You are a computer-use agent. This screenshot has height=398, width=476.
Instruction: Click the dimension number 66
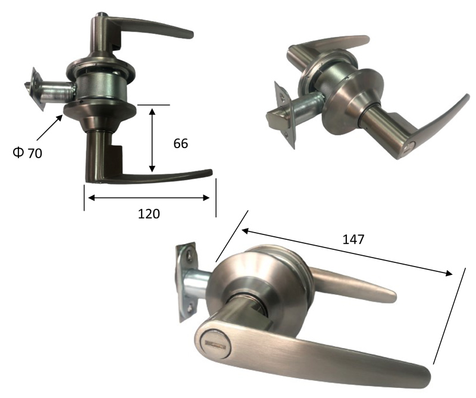coord(181,143)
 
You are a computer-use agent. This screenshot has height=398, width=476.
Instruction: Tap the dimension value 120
coord(149,214)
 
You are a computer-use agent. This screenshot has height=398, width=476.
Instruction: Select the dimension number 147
coord(353,240)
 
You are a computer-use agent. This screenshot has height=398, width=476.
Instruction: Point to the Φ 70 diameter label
coord(27,153)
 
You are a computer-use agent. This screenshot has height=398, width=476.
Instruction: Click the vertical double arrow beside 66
coord(152,139)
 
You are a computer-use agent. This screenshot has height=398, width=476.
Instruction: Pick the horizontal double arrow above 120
coord(149,198)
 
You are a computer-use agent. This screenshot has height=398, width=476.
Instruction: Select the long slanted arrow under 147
coord(347,252)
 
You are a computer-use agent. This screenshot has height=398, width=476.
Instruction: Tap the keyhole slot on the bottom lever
coord(215,345)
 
